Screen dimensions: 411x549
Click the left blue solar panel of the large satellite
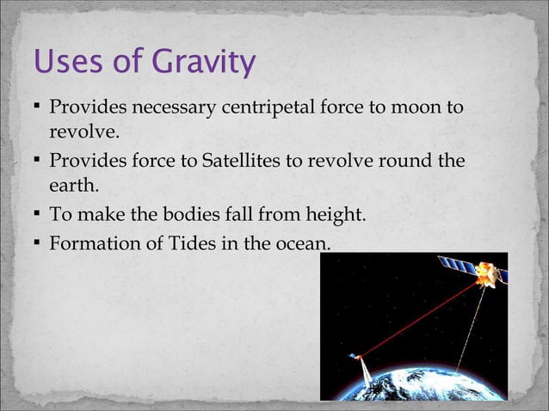pos(453,264)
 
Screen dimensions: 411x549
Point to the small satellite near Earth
pos(355,357)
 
